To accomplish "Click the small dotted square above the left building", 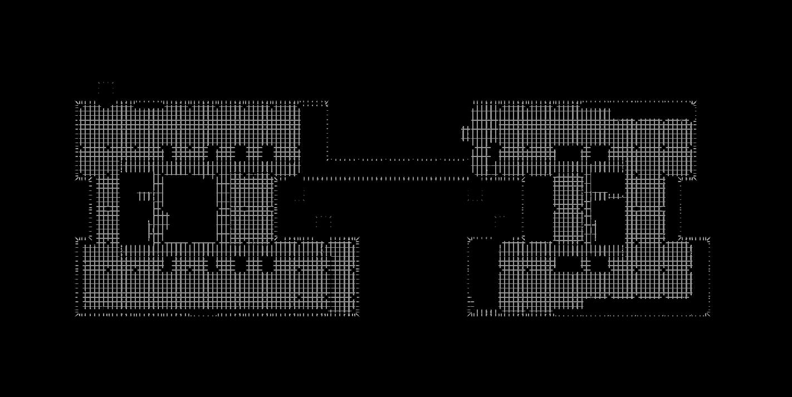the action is coord(106,87).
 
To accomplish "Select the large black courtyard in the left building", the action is coord(189,208).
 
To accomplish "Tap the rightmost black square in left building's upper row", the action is coord(268,153).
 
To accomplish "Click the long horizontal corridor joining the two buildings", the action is coord(398,169).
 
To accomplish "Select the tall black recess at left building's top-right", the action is coord(314,134).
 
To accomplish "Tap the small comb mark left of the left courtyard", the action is coord(144,196).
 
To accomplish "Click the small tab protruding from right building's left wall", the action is coord(465,134).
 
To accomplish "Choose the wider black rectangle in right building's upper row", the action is coord(568,153).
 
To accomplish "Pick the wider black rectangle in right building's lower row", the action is coord(568,263).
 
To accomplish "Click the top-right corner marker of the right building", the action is coord(693,104).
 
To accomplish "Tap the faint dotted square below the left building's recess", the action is coord(324,222).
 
